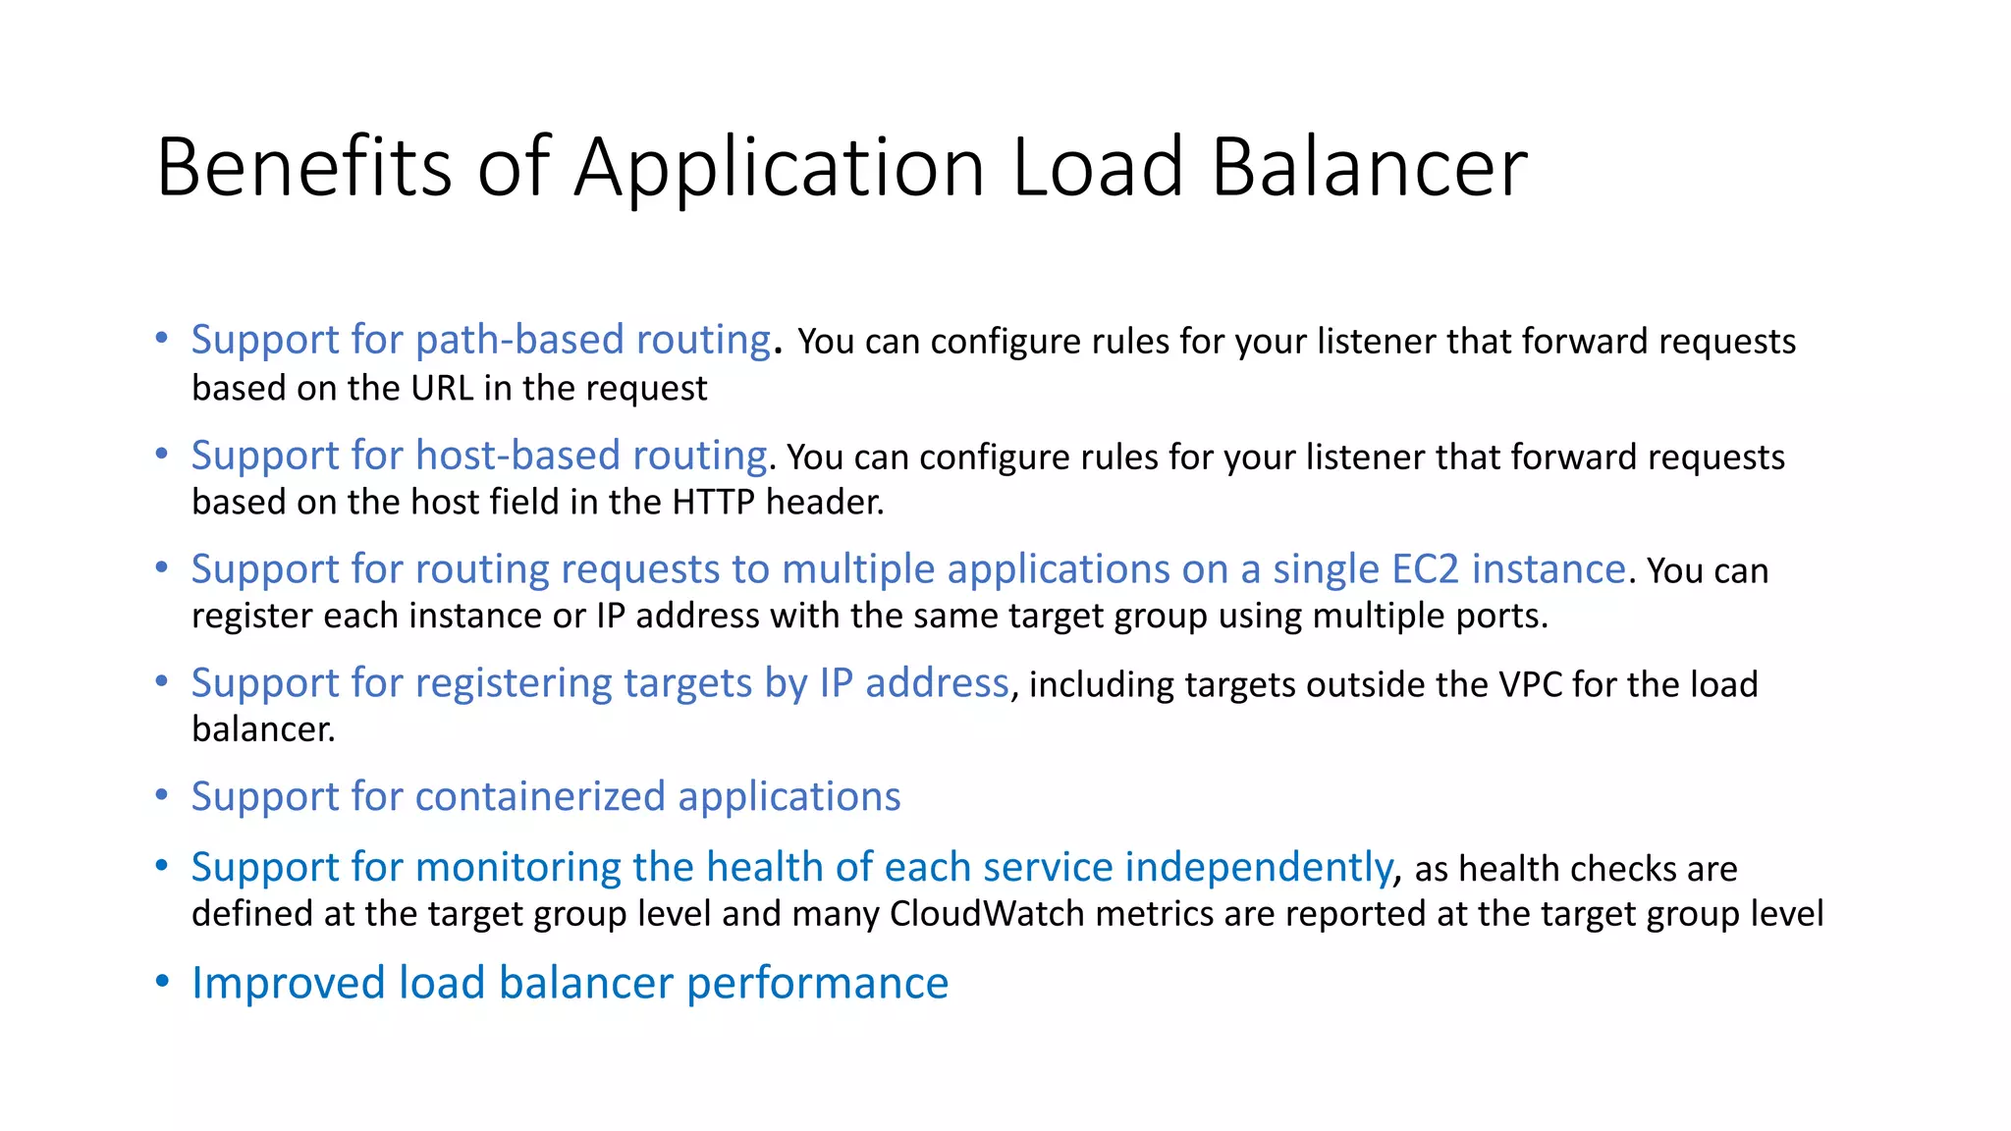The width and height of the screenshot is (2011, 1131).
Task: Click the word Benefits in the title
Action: click(x=303, y=167)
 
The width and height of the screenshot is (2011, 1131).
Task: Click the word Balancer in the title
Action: click(x=1369, y=167)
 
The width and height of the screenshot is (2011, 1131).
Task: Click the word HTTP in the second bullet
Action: click(x=713, y=502)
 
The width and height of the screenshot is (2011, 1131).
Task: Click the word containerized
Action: click(x=540, y=796)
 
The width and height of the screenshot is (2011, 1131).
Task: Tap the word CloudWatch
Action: click(x=987, y=913)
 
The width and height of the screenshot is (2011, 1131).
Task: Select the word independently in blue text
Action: click(x=1258, y=868)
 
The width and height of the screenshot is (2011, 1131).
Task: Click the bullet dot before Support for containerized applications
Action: click(x=162, y=794)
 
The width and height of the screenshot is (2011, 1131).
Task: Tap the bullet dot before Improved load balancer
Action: click(x=162, y=981)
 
